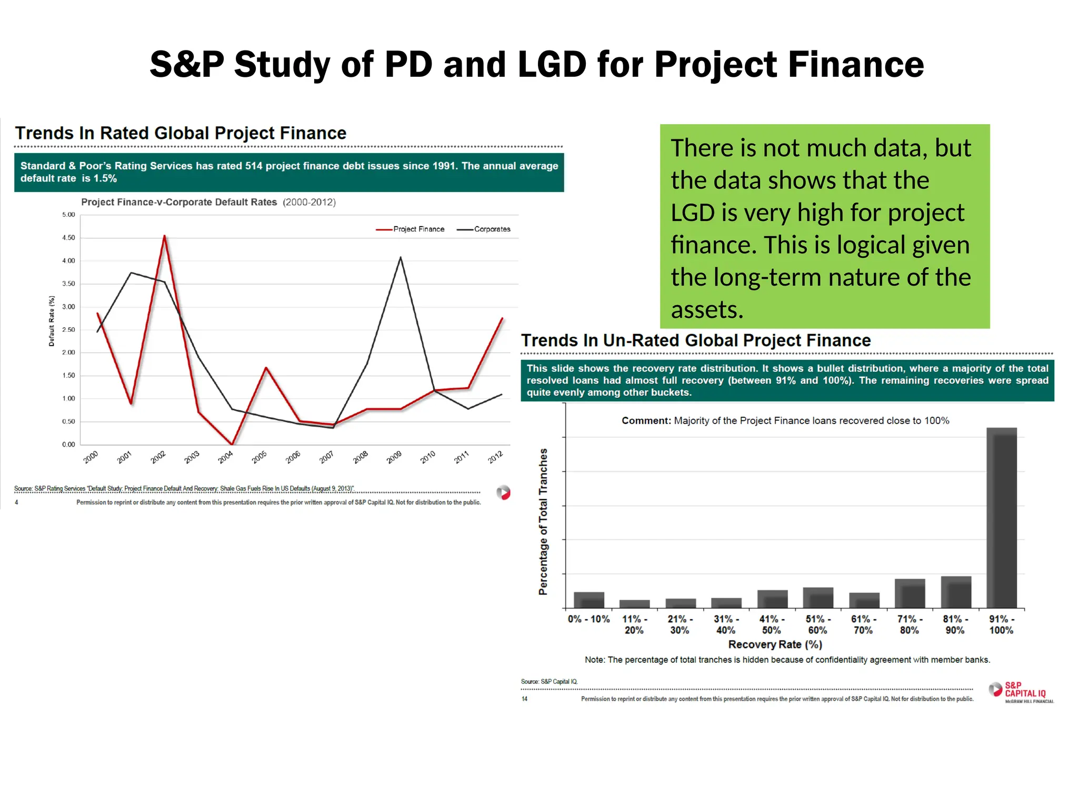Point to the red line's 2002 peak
[x=164, y=236]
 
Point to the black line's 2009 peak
[x=401, y=257]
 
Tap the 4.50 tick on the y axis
[x=68, y=238]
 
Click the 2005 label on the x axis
[x=259, y=457]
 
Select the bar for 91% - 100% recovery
[x=1001, y=518]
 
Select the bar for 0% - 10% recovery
[x=588, y=600]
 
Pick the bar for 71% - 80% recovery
[x=910, y=593]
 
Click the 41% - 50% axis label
[x=771, y=624]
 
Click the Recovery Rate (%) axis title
[x=775, y=644]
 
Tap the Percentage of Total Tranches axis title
[x=543, y=521]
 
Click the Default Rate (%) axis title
[x=52, y=321]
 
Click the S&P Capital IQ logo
[x=1021, y=692]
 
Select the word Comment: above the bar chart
[x=646, y=421]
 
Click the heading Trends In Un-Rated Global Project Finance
[x=696, y=340]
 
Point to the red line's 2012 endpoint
[x=502, y=318]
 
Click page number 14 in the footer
[x=524, y=699]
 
